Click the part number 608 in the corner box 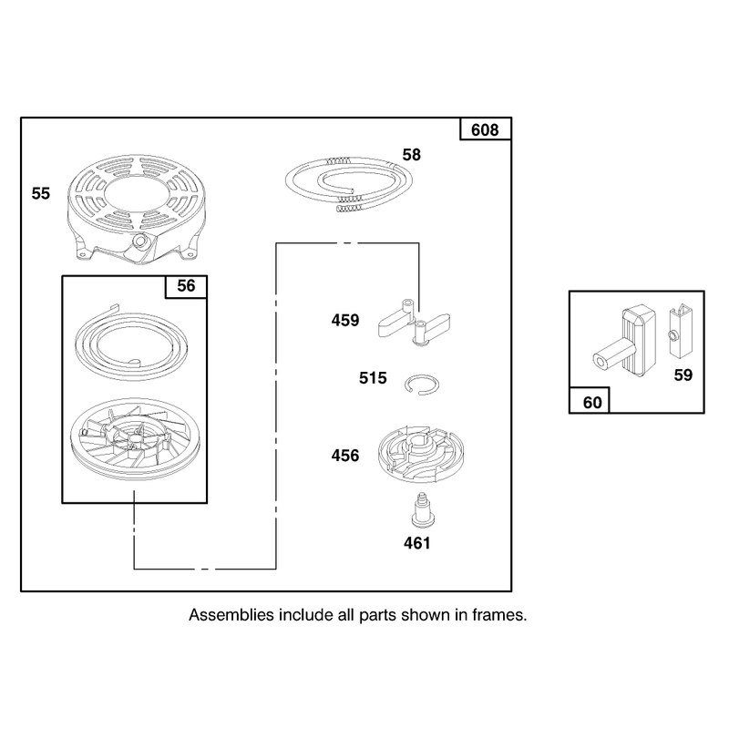(485, 129)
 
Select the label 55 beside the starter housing (40, 193)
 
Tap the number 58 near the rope (412, 155)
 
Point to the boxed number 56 (186, 285)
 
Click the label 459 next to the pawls (345, 321)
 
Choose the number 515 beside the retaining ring (373, 378)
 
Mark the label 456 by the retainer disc (345, 455)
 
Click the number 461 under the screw (417, 543)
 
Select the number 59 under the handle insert (683, 375)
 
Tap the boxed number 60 (591, 402)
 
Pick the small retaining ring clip (422, 385)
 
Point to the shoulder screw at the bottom (422, 511)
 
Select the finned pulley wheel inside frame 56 (134, 438)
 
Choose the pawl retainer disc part (420, 453)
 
